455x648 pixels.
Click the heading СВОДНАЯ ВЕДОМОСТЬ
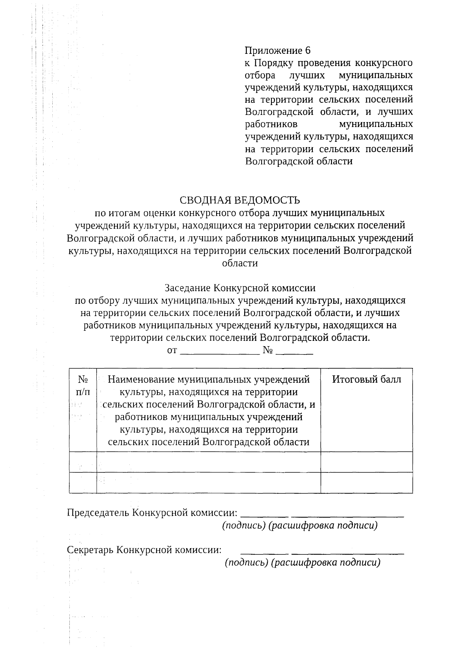(x=240, y=200)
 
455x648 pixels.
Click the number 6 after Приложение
(x=308, y=50)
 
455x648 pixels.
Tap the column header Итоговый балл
(x=366, y=380)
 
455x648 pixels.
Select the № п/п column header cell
(x=83, y=385)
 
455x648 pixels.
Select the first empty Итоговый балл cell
(x=366, y=462)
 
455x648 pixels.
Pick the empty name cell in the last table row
(x=209, y=483)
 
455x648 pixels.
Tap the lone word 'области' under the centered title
(x=240, y=263)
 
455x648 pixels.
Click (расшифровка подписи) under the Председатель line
(x=323, y=526)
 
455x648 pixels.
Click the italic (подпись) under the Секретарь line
(x=246, y=562)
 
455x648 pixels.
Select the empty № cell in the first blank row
(x=83, y=462)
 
